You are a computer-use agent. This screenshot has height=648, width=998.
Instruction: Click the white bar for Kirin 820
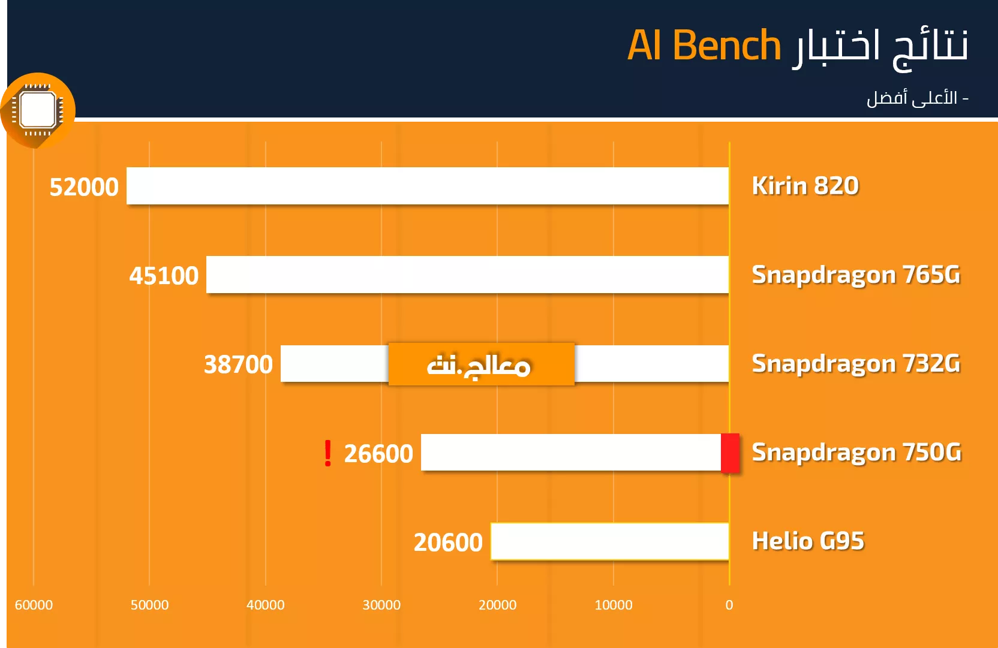428,186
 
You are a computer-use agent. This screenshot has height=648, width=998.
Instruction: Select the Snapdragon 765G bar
467,275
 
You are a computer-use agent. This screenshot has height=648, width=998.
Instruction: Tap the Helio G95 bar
609,541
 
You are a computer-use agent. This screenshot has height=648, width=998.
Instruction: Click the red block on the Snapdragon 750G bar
731,453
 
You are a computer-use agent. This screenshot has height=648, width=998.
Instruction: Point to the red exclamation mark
328,453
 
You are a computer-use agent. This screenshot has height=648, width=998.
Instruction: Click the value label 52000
84,187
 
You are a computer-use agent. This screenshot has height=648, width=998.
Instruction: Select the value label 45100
164,276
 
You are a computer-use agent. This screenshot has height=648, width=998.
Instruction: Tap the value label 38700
238,364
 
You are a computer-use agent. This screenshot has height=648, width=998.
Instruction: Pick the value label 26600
378,454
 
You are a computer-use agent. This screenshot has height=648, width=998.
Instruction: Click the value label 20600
448,542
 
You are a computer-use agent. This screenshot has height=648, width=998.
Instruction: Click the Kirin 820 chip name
805,186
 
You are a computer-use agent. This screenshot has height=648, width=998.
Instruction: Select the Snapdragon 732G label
856,364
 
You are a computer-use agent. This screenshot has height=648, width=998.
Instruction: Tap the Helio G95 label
808,541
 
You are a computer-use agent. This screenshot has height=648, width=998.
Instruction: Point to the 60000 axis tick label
34,605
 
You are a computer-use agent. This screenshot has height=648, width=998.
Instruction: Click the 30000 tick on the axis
381,605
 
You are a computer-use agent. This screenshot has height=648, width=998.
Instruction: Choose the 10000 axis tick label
614,605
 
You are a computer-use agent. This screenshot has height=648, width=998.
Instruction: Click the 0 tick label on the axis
729,605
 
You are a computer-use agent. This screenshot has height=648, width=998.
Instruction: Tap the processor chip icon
38,110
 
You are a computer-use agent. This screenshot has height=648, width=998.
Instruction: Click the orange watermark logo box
481,364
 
